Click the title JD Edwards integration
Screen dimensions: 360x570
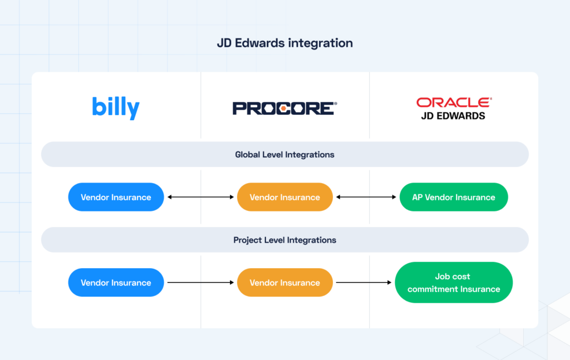tap(284, 43)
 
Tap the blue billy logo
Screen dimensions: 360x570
tap(116, 107)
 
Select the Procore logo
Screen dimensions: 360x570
tap(284, 108)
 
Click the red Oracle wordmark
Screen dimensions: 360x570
tap(454, 102)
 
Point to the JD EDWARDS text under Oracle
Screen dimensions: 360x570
tap(454, 116)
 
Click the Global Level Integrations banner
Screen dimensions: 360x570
tap(284, 155)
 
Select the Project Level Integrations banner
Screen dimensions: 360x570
tap(284, 240)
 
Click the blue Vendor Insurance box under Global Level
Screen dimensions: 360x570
tap(116, 197)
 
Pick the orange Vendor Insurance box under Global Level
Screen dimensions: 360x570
tap(284, 197)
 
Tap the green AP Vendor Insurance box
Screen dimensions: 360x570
tap(454, 197)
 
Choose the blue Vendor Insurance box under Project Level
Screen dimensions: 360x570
tap(116, 283)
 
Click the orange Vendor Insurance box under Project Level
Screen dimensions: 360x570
tap(284, 283)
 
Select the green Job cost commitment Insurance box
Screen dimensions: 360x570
tap(454, 283)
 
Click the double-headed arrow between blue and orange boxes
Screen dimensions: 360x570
tap(200, 197)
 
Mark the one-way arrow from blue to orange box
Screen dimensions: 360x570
tap(200, 283)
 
